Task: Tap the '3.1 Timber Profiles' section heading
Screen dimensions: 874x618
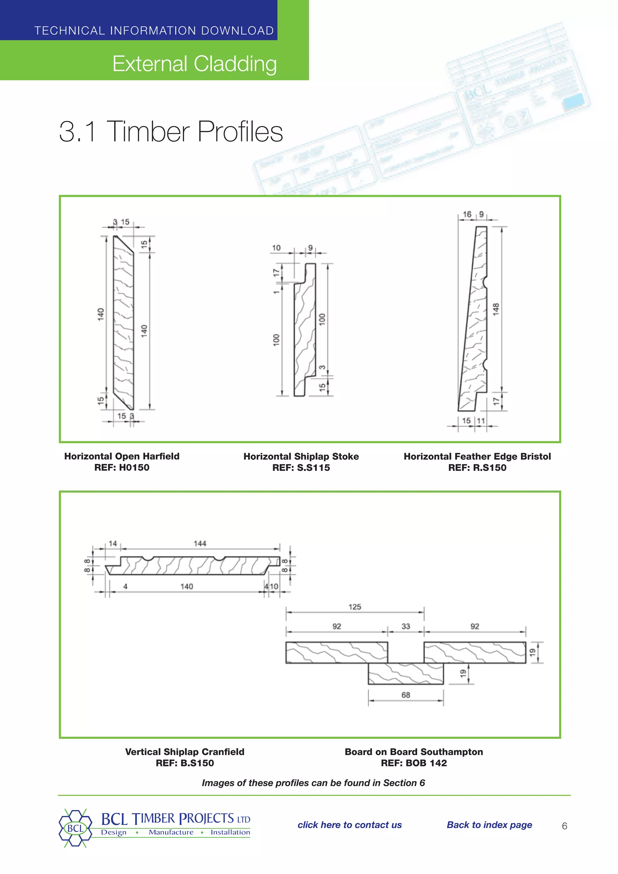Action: click(x=171, y=131)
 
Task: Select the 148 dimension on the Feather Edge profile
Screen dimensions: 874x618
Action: click(x=495, y=309)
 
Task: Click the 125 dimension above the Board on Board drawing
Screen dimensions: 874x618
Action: click(x=355, y=607)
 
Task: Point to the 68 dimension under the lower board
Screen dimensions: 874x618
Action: click(x=406, y=695)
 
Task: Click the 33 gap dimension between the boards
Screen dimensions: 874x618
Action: click(x=406, y=626)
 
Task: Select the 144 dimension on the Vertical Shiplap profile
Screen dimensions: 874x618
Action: click(x=200, y=544)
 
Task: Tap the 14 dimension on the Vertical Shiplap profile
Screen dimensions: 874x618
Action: click(x=113, y=544)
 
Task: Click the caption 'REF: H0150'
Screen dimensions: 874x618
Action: click(x=122, y=467)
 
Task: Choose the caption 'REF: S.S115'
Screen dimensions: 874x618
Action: click(x=301, y=467)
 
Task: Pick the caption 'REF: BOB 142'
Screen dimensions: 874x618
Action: click(x=414, y=763)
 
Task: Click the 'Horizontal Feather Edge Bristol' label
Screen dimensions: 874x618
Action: click(x=477, y=456)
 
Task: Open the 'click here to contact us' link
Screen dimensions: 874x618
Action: click(x=349, y=825)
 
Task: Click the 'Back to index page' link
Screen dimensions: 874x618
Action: click(x=489, y=825)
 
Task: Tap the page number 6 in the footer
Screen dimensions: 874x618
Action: click(x=564, y=826)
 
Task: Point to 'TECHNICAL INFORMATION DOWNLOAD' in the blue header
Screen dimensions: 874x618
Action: click(x=154, y=30)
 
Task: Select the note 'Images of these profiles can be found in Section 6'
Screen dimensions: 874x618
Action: click(x=313, y=783)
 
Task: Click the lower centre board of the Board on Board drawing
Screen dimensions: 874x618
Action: click(x=406, y=674)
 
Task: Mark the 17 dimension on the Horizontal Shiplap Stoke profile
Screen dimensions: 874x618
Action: click(x=276, y=273)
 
